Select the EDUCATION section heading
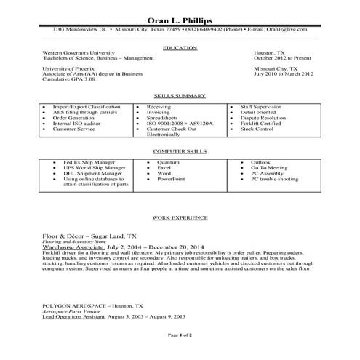[180, 47]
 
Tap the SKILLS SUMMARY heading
[179, 96]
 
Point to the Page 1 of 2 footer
[180, 336]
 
